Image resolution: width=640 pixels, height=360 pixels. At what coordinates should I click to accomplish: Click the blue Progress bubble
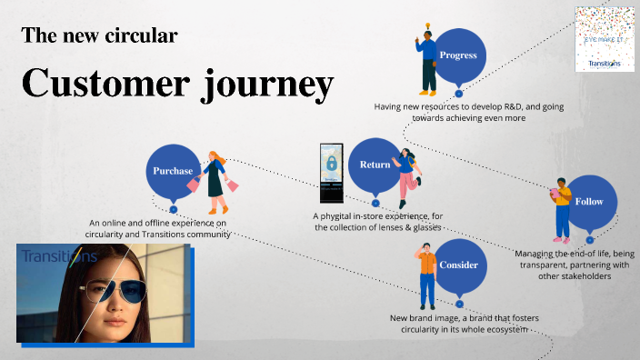(x=458, y=55)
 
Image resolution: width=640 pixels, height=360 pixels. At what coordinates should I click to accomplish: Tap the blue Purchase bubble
(x=173, y=171)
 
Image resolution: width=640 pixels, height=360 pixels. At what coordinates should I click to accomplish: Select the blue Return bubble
(x=375, y=165)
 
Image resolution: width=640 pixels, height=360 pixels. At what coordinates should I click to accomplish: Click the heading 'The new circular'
(x=99, y=36)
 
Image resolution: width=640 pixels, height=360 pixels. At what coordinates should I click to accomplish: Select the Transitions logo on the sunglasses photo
(x=58, y=257)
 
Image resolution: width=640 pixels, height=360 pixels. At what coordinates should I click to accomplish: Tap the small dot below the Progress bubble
(x=459, y=93)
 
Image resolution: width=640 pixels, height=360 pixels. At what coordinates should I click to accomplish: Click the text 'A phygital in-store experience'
(x=374, y=215)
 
